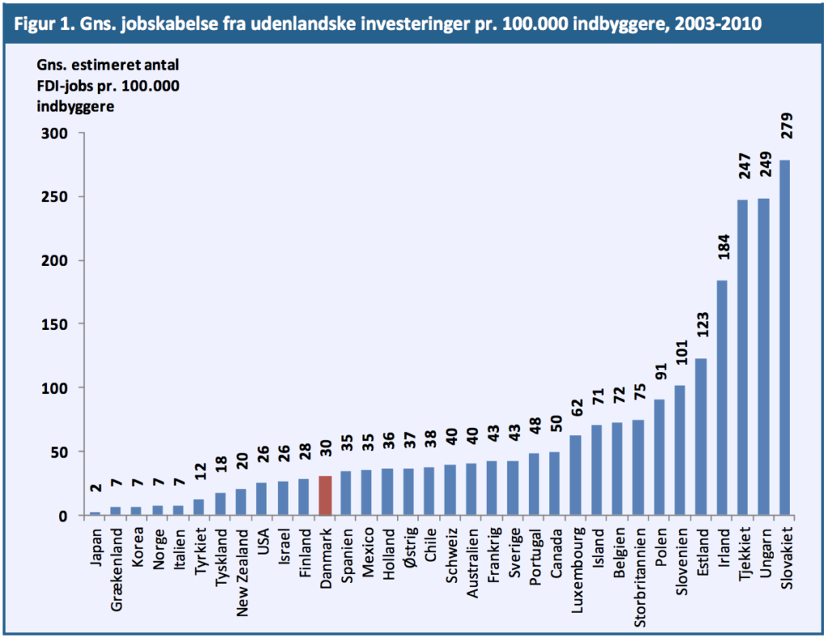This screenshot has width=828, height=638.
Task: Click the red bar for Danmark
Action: point(326,496)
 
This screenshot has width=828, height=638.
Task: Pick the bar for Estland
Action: point(701,437)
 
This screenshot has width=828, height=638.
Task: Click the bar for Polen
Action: point(660,457)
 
